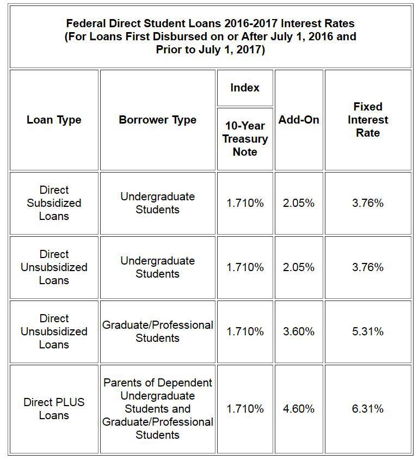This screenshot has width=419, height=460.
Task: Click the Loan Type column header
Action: click(54, 120)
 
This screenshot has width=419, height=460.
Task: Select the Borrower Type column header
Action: click(158, 120)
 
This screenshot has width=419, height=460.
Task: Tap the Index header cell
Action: click(245, 88)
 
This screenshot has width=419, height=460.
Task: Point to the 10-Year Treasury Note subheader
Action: click(245, 139)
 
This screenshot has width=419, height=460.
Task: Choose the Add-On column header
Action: click(299, 120)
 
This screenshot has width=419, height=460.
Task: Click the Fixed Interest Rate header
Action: click(368, 120)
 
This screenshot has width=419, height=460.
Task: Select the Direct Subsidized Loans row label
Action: click(54, 203)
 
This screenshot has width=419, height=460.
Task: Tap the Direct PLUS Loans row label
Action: click(54, 409)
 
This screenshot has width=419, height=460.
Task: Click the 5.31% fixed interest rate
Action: click(368, 332)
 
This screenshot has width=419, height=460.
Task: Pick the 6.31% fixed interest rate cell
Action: click(368, 409)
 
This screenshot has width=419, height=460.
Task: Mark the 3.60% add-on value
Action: click(299, 332)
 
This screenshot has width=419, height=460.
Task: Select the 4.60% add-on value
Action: click(299, 409)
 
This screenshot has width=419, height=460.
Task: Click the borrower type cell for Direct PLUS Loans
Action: click(158, 409)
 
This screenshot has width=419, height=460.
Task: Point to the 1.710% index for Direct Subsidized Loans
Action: click(245, 203)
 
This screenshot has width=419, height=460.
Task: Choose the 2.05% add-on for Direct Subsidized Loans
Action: click(299, 203)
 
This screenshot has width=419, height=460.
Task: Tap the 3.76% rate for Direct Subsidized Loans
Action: click(368, 203)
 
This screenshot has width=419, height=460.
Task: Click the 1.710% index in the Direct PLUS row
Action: click(245, 409)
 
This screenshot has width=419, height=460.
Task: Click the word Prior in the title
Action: click(170, 50)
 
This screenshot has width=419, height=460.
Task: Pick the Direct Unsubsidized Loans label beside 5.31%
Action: click(54, 332)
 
